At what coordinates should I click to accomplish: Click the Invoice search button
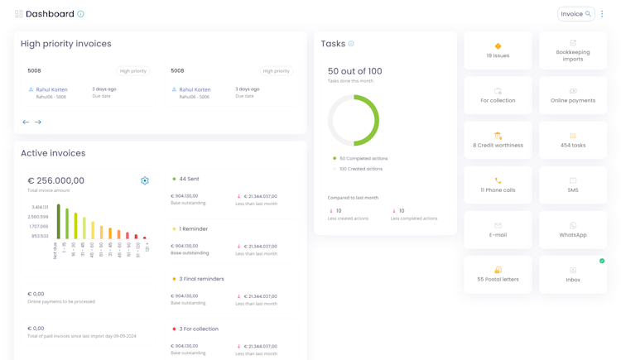575,14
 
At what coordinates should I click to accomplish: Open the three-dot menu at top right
602,14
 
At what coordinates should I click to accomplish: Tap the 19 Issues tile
498,50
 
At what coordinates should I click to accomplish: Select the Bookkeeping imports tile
572,50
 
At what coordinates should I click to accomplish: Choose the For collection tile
498,95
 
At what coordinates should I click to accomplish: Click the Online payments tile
572,95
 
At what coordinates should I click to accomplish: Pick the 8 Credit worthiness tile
498,140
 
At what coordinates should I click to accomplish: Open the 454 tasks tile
572,140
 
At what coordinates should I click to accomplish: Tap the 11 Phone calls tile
498,185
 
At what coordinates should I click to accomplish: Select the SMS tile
572,185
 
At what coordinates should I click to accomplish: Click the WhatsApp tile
572,229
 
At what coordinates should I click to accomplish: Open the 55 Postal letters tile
498,274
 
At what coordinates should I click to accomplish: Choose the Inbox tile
572,274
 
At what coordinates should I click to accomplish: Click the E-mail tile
498,229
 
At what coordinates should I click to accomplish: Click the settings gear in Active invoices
145,180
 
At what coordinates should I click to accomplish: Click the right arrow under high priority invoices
38,122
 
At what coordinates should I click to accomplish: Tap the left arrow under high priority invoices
26,122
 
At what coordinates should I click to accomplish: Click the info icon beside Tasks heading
351,44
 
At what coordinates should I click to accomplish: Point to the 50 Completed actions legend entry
361,158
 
